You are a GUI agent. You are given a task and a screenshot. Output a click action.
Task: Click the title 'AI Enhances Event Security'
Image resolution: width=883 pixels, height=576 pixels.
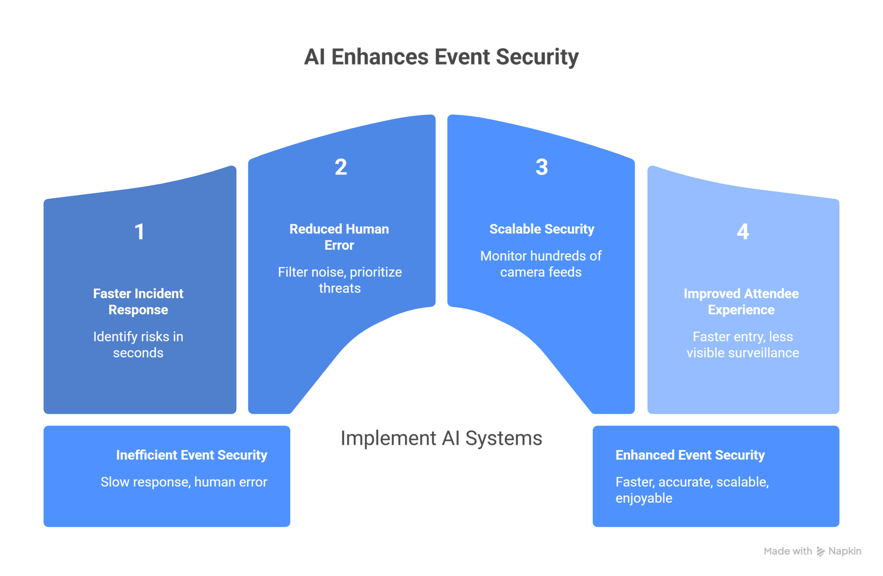[441, 57]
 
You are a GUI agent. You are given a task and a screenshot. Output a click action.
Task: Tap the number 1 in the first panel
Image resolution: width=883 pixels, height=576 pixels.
[140, 232]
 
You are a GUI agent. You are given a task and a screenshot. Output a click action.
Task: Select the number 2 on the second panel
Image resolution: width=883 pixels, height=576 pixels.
[341, 167]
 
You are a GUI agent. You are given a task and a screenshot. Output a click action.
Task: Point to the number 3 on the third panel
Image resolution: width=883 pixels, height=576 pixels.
[541, 167]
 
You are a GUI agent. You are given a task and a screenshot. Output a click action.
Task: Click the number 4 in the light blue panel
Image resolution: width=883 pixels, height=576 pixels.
[743, 232]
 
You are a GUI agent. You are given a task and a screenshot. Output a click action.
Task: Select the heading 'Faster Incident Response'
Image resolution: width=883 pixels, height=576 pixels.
[138, 301]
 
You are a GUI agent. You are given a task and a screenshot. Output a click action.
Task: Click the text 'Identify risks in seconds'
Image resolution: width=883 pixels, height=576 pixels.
[138, 344]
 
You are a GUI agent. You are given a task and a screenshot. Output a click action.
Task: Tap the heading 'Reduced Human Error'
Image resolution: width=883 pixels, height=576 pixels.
[339, 237]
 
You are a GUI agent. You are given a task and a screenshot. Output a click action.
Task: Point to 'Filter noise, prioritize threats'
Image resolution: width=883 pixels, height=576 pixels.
[339, 280]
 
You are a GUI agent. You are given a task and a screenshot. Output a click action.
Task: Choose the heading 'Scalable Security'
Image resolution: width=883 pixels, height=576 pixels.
[541, 229]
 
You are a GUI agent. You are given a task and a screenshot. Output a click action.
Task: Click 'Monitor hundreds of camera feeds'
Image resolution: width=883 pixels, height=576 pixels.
[541, 264]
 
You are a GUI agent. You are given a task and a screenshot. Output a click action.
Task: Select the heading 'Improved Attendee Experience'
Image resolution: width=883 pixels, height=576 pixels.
[741, 301]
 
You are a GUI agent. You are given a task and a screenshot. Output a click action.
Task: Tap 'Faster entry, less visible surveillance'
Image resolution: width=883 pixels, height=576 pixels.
[742, 344]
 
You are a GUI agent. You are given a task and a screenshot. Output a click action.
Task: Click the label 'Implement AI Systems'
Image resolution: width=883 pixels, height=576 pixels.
[441, 438]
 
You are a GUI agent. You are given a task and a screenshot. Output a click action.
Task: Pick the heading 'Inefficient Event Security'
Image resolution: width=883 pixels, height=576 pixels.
[192, 455]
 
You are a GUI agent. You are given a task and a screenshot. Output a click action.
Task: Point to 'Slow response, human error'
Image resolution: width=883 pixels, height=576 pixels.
[184, 482]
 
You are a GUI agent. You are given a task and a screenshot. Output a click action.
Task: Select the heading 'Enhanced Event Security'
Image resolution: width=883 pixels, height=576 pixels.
[690, 455]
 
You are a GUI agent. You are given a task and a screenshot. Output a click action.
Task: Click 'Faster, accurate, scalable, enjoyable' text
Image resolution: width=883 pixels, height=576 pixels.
[691, 490]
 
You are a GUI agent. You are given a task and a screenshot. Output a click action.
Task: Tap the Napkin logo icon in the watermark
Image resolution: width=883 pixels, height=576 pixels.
[821, 551]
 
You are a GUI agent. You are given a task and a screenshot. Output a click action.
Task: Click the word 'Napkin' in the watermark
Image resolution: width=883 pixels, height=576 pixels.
[845, 551]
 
